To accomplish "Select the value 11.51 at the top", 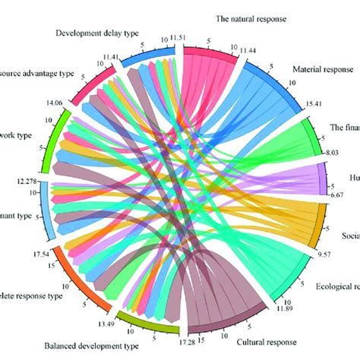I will [x=178, y=37].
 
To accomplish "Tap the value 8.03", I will [x=330, y=152].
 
